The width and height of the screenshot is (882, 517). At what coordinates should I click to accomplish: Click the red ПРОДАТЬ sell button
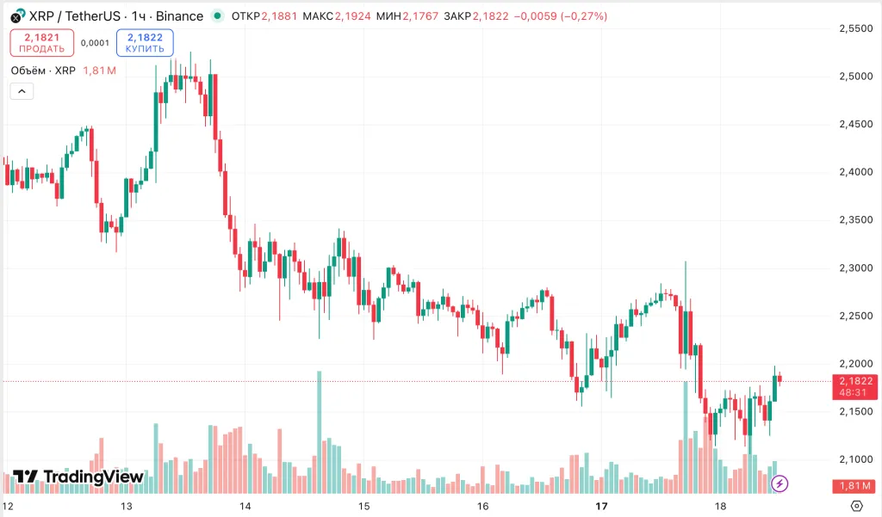pos(35,43)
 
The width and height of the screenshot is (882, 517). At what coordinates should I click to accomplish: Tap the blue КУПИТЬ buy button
pos(145,43)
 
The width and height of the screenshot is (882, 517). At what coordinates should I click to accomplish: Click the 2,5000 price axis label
pos(856,77)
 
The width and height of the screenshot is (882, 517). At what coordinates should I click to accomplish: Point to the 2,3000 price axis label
pos(856,268)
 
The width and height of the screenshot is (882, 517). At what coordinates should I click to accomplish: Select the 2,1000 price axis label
pos(856,459)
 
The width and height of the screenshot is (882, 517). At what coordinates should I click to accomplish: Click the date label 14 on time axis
pos(245,506)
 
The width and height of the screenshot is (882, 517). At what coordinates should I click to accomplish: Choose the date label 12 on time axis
pos(9,506)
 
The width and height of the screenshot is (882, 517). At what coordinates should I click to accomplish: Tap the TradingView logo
pos(78,477)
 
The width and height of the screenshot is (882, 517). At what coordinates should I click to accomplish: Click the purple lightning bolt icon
pos(780,483)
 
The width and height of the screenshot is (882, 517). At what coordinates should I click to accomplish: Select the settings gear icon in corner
pos(856,506)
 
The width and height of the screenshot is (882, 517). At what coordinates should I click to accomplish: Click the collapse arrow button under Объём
pos(22,91)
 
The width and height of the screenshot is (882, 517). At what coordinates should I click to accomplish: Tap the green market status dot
pos(217,16)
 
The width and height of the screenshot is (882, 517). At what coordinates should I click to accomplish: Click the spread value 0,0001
pos(95,43)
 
